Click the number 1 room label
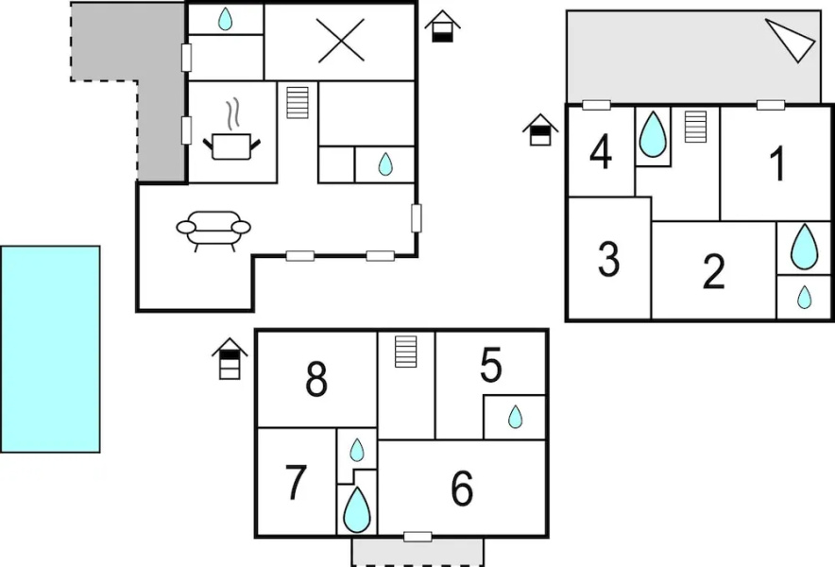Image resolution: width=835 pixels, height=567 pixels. pyautogui.click(x=778, y=163)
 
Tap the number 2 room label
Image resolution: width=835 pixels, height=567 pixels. pyautogui.click(x=713, y=272)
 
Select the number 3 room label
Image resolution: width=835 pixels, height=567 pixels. pyautogui.click(x=608, y=260)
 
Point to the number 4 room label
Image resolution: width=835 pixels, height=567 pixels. pyautogui.click(x=601, y=152)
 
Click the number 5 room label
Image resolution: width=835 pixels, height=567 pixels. pyautogui.click(x=491, y=365)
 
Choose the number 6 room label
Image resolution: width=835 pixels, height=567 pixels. pyautogui.click(x=462, y=489)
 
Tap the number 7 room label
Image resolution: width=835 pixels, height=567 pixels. pyautogui.click(x=296, y=482)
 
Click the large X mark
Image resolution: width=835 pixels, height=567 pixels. pyautogui.click(x=340, y=41)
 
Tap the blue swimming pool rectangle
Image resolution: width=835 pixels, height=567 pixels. pyautogui.click(x=50, y=349)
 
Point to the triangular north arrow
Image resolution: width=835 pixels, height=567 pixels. pyautogui.click(x=791, y=40)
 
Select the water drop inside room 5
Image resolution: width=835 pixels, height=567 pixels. pyautogui.click(x=515, y=417)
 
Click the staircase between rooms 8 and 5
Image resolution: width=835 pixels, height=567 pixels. pyautogui.click(x=406, y=352)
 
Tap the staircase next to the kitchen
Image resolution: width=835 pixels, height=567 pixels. pyautogui.click(x=298, y=102)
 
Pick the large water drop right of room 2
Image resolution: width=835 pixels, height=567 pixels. pyautogui.click(x=804, y=247)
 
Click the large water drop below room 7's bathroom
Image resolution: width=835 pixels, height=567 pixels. pyautogui.click(x=357, y=509)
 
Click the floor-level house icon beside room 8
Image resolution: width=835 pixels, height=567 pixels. pyautogui.click(x=230, y=359)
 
